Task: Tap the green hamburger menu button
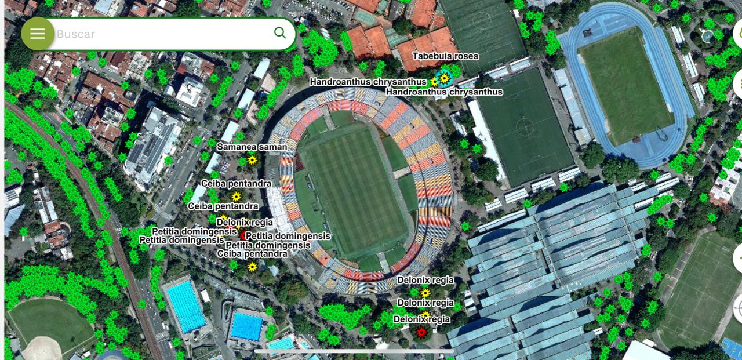pos(38,34)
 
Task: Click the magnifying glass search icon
pos(280,32)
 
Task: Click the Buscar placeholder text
pos(76,34)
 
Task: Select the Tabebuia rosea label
pos(445,56)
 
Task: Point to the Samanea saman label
pos(252,147)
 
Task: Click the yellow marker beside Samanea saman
pos(252,159)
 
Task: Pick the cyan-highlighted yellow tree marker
pos(444,78)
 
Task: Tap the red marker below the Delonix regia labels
pos(421,332)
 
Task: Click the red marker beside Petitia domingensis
pos(243,235)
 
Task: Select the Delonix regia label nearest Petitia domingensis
pos(244,222)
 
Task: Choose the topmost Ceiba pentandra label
pos(236,184)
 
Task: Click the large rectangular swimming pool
pos(185,306)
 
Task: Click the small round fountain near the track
pos(708,36)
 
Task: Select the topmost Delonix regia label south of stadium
pos(425,280)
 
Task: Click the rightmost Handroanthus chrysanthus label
pos(444,92)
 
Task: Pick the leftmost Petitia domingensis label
pos(181,239)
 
